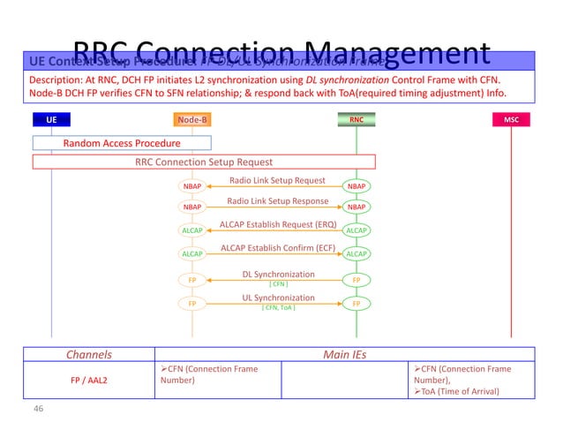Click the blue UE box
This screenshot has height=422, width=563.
click(x=51, y=119)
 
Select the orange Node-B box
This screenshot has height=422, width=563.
click(x=192, y=119)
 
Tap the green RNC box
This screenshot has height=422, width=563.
click(x=357, y=119)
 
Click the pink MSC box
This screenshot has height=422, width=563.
click(x=511, y=119)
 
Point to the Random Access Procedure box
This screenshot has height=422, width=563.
click(x=122, y=143)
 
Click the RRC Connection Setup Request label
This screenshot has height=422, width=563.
click(x=204, y=162)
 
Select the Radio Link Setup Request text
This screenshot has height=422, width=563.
click(x=277, y=180)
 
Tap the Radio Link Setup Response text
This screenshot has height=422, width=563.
click(x=276, y=201)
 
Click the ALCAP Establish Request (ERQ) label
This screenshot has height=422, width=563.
click(x=277, y=224)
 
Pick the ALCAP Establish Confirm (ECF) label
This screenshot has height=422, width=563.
click(x=276, y=247)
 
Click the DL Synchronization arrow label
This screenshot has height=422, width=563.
click(x=278, y=275)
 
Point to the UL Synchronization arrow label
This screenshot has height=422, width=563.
click(x=278, y=298)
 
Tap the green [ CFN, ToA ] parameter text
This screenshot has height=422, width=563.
click(x=278, y=308)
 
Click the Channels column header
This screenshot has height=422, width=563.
click(x=89, y=355)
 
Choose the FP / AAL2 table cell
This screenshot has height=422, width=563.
click(x=89, y=381)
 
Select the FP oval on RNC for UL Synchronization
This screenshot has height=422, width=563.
click(x=357, y=303)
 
